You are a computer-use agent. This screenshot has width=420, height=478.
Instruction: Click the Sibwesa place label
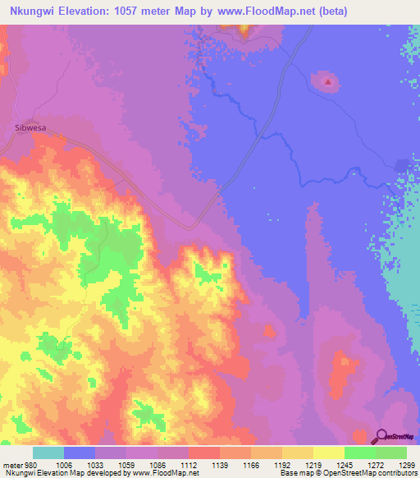(29, 128)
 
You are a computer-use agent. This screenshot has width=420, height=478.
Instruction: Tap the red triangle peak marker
(327, 81)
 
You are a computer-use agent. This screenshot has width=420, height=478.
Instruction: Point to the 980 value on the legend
(28, 465)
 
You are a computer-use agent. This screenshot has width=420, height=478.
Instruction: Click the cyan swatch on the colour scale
(48, 453)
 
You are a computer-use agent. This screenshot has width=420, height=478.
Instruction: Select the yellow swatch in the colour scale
(328, 453)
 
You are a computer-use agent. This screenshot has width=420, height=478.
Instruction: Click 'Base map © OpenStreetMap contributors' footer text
(346, 474)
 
